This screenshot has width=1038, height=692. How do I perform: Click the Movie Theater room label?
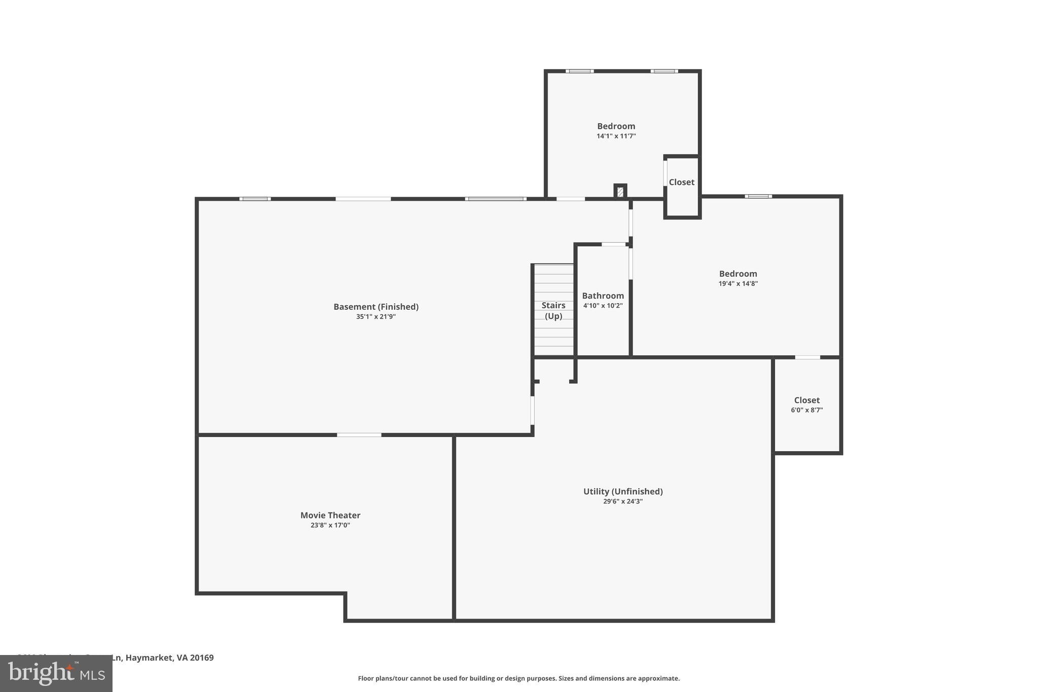(x=330, y=515)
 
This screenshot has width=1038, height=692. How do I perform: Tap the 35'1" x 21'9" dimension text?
(x=376, y=317)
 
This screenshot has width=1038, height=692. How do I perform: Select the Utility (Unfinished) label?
(x=623, y=491)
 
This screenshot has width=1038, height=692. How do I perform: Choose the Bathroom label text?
(x=603, y=296)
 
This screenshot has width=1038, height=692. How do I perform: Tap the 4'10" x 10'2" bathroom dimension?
(x=603, y=306)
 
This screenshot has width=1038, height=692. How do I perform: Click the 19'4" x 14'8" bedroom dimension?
(x=738, y=284)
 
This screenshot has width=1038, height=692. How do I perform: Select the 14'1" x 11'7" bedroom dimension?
(x=616, y=136)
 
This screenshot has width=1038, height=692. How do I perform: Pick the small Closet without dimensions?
(x=682, y=182)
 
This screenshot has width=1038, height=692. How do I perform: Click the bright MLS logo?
(x=56, y=673)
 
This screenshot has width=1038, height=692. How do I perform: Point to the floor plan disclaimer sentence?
(x=518, y=678)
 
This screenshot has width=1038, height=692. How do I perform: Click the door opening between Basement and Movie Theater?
(x=359, y=435)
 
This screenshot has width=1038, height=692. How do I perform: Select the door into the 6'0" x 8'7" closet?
(x=807, y=357)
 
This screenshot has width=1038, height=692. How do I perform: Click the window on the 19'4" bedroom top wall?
(x=758, y=196)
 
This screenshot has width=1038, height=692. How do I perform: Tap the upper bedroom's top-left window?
(x=579, y=71)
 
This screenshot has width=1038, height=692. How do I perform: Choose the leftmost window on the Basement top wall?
(x=255, y=199)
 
